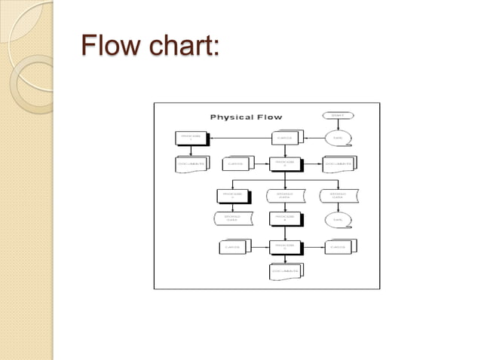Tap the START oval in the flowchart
pos(337,115)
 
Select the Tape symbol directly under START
pos(337,138)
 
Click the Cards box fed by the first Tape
pos(285,138)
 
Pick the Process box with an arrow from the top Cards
pos(191,138)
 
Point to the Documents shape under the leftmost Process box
pos(191,163)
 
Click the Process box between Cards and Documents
pos(285,163)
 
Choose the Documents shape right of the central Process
pos(339,163)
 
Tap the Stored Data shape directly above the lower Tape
pos(337,195)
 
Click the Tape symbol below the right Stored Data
pos(337,220)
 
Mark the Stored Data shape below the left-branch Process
pos(232,219)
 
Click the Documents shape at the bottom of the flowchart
pos(285,270)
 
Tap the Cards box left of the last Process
pos(232,246)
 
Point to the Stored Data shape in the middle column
pos(285,195)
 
